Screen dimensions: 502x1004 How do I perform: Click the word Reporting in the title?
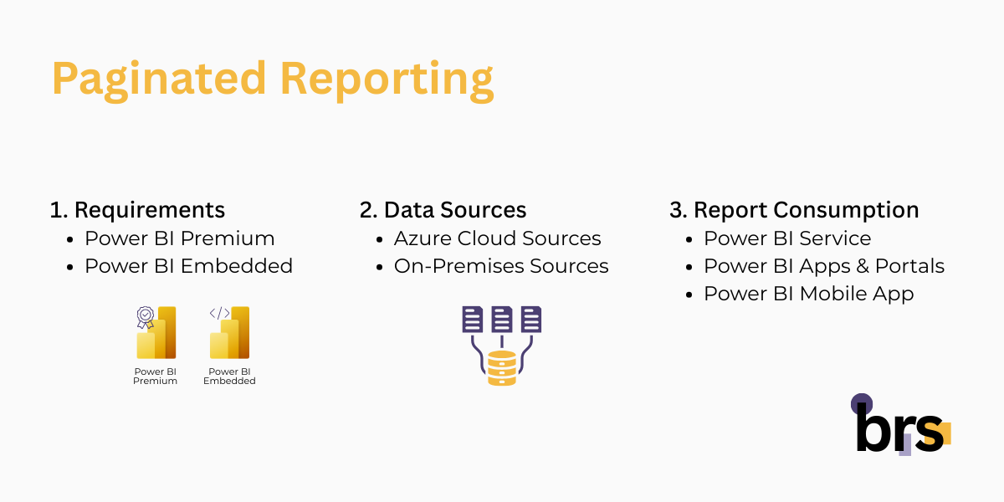click(387, 79)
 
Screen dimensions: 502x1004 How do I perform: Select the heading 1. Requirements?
click(137, 209)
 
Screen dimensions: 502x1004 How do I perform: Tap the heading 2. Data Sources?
click(443, 209)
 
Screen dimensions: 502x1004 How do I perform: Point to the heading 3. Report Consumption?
click(794, 209)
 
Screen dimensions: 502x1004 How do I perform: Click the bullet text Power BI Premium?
click(179, 238)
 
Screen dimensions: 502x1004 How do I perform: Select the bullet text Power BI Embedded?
click(188, 266)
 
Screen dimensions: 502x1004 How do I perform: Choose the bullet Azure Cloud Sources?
click(497, 238)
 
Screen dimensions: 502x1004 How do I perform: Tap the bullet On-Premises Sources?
click(501, 266)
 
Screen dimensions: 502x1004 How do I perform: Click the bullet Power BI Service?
click(786, 238)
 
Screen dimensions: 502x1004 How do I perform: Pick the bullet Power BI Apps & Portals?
click(823, 266)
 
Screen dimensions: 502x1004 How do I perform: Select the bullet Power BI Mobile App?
click(808, 294)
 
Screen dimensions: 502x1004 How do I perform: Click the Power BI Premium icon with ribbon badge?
click(156, 333)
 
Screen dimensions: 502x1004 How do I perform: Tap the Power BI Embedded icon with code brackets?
click(229, 333)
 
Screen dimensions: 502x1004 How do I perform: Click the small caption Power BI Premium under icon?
click(156, 376)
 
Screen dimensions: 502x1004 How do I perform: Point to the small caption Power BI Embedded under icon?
click(229, 376)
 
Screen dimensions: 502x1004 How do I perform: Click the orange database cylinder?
click(502, 368)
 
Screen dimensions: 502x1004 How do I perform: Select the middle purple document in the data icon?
click(502, 318)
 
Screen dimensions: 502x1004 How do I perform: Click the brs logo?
click(900, 428)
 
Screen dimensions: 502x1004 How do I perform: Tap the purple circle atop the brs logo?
click(862, 404)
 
